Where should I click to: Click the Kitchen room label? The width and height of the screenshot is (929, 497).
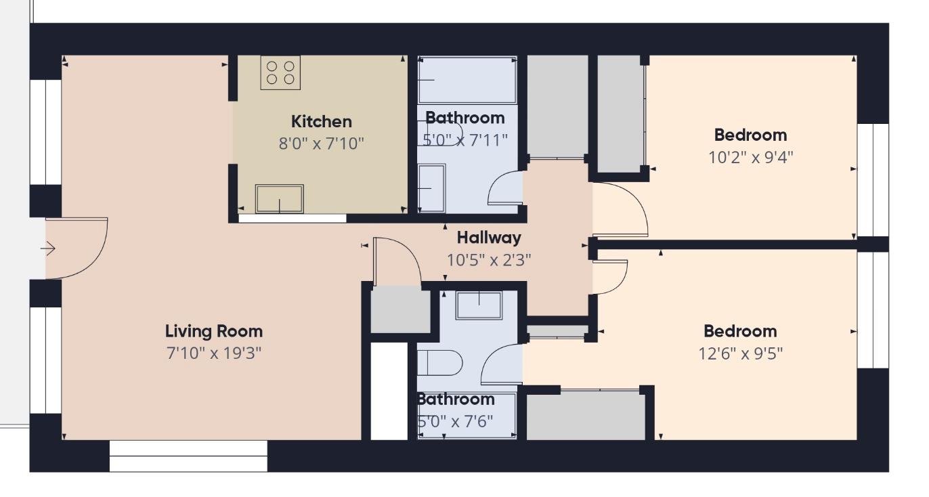[x=322, y=122]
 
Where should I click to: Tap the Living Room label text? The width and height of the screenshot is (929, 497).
[x=214, y=332]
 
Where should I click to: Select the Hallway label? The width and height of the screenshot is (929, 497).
[x=489, y=238]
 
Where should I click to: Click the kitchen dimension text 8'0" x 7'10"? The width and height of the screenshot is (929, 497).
[x=322, y=144]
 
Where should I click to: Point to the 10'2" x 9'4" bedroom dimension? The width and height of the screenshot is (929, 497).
[x=750, y=157]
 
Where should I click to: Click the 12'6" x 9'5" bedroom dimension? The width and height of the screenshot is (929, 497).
[x=739, y=353]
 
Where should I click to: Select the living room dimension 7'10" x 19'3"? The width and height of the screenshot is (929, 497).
[x=214, y=353]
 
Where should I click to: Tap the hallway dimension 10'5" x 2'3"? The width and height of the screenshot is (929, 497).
[x=489, y=259]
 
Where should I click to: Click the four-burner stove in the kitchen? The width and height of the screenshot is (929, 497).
[x=280, y=73]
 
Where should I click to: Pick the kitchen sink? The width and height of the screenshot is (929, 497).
[x=279, y=198]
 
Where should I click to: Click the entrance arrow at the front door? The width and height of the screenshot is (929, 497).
[x=48, y=249]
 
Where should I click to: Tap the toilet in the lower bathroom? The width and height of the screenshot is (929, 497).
[x=439, y=363]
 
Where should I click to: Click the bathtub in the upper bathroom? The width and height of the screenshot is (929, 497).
[x=467, y=80]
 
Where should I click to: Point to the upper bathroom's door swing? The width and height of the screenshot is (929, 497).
[x=504, y=188]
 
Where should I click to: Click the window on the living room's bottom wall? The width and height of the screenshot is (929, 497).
[x=188, y=456]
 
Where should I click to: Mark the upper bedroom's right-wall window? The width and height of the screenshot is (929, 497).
[x=873, y=179]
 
